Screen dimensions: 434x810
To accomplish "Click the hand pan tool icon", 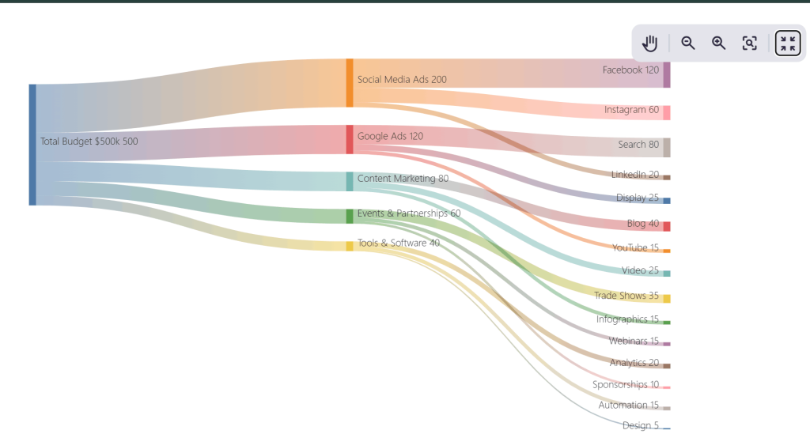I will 650,43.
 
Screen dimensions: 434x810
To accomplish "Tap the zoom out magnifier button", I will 688,43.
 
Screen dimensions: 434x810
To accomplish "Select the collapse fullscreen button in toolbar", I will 787,43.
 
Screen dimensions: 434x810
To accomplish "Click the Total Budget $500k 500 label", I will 89,142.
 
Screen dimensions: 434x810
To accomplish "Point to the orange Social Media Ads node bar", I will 350,82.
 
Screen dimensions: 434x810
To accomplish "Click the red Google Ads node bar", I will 350,139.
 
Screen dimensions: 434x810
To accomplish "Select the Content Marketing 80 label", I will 403,179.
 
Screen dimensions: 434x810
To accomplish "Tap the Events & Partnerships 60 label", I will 408,213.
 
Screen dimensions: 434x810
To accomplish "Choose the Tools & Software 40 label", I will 398,243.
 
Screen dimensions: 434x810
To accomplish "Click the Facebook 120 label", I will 630,70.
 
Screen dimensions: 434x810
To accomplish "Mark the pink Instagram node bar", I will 667,112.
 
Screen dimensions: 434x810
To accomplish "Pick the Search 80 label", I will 638,145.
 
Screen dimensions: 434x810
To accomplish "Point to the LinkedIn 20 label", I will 634,175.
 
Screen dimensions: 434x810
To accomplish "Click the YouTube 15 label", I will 635,248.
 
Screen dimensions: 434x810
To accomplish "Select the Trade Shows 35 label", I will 626,296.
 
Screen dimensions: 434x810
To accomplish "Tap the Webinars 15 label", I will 634,342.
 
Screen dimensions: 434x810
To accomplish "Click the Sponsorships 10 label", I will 626,385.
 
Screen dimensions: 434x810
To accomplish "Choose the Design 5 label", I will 640,425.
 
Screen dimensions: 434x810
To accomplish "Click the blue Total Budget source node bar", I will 32,145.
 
